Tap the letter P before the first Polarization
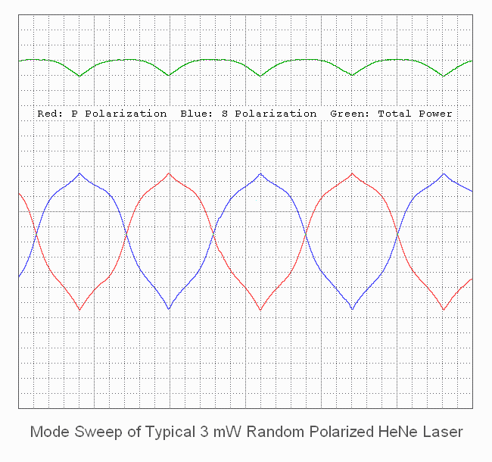[x=74, y=114]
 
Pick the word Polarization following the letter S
[x=276, y=114]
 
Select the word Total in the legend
[x=394, y=114]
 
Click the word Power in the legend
[x=436, y=114]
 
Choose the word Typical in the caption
[x=160, y=432]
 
